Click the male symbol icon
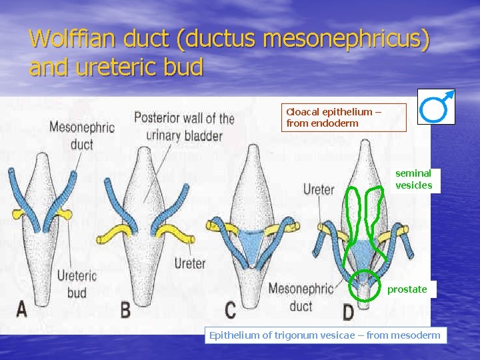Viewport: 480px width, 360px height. (x=436, y=106)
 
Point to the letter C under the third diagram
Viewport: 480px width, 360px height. (x=230, y=309)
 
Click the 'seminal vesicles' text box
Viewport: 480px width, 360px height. (x=414, y=179)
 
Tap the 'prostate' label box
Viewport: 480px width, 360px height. (x=407, y=289)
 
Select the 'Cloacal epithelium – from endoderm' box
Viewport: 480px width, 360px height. (x=343, y=118)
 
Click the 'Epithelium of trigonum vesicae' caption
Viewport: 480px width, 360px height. (x=325, y=335)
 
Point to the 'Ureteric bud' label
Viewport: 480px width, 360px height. (x=77, y=283)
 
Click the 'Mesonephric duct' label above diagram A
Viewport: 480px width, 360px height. (x=82, y=135)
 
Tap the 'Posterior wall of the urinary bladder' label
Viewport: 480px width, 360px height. (x=184, y=127)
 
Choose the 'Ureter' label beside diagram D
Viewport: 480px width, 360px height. (x=319, y=190)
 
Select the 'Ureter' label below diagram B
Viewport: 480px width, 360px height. (x=190, y=263)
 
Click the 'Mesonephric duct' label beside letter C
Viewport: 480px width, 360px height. (x=300, y=297)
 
